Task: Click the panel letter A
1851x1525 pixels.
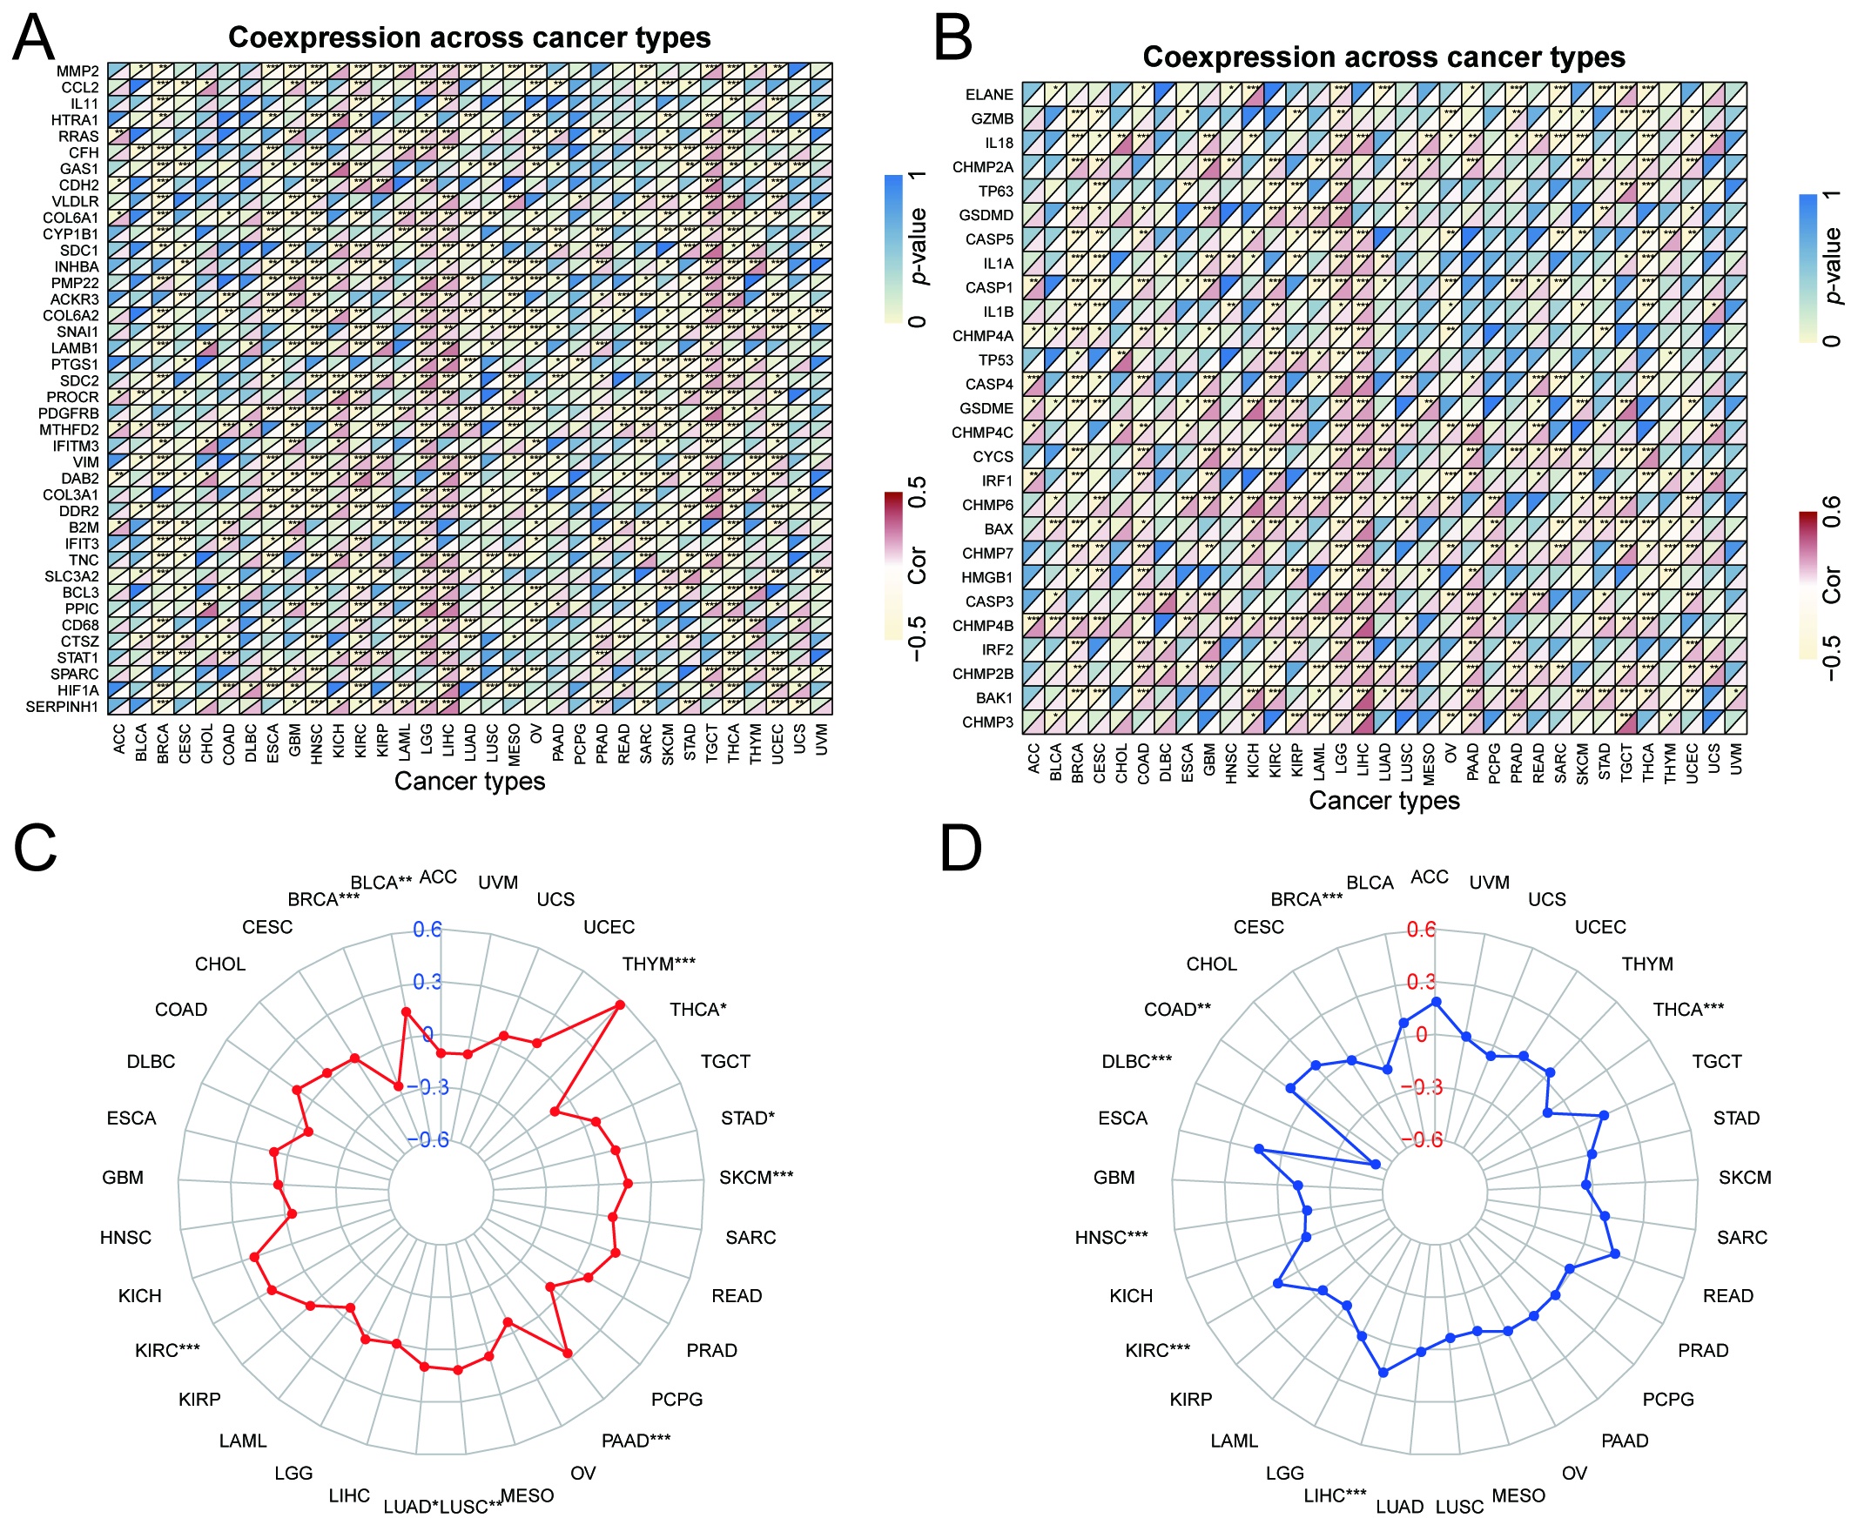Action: [34, 38]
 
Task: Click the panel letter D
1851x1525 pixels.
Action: [960, 849]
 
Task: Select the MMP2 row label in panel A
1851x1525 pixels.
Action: [77, 71]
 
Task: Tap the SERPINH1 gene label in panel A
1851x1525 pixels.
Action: [62, 706]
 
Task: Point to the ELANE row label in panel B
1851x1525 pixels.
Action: [989, 95]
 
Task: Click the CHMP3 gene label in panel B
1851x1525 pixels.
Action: [987, 722]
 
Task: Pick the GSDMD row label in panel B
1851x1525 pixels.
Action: [986, 215]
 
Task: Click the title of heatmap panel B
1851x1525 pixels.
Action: [1383, 57]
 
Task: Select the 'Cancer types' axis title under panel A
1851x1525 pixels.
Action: [469, 781]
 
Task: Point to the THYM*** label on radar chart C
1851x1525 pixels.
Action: [659, 964]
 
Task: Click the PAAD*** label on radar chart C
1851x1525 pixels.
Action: [636, 1440]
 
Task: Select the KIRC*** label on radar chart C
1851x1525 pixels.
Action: [167, 1350]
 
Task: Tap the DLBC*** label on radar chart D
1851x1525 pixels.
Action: [1137, 1061]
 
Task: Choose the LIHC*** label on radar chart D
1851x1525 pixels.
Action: [1336, 1495]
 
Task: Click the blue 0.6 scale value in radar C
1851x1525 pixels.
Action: [427, 930]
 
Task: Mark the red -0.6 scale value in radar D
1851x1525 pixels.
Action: [1422, 1139]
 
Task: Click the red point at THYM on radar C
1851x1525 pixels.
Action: [619, 1004]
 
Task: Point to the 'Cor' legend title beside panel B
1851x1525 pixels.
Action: [1832, 584]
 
